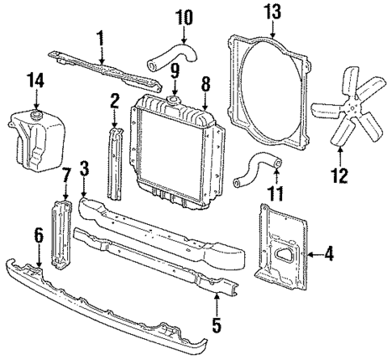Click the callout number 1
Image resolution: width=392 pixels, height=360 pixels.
(102, 37)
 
